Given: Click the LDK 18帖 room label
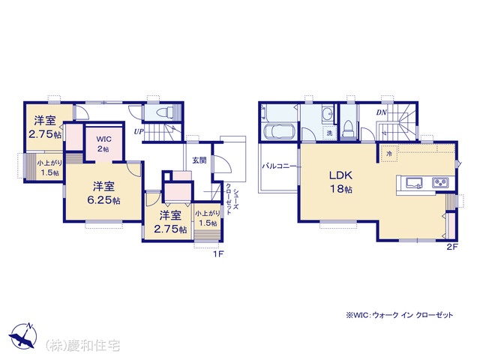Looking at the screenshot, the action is click(x=340, y=182).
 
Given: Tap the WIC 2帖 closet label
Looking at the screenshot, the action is click(x=103, y=144).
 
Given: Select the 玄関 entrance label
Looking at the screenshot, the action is click(x=199, y=160).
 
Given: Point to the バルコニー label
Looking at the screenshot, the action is click(x=278, y=166).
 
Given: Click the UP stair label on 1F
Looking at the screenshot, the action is click(x=139, y=132).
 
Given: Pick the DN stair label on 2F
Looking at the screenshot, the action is click(x=382, y=112).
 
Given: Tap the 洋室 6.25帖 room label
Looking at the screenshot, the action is click(x=103, y=193).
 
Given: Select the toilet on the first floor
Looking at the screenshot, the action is click(x=163, y=112).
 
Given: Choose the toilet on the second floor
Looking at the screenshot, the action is click(x=348, y=128).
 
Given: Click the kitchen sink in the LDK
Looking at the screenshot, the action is click(x=414, y=183).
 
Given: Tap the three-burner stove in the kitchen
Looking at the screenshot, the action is click(x=440, y=183).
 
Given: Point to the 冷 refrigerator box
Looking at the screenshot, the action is click(x=389, y=154).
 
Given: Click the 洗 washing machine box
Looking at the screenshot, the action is click(x=329, y=133).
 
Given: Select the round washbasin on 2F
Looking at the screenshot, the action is click(x=328, y=114).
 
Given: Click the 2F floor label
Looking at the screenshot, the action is click(x=451, y=247).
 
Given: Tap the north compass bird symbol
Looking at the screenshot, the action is click(x=22, y=336).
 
